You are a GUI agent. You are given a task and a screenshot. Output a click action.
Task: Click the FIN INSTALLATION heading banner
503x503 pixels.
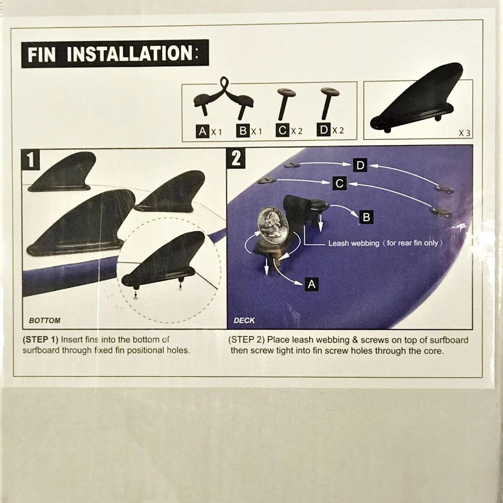(x=115, y=53)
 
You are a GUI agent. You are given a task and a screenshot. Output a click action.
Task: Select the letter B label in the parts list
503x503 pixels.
(x=243, y=131)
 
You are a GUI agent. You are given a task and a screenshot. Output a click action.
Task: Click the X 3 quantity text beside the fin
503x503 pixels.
(x=464, y=133)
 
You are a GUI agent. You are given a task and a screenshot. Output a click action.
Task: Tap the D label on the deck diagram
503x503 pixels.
(x=360, y=166)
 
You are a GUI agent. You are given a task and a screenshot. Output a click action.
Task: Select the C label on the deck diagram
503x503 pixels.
(x=339, y=184)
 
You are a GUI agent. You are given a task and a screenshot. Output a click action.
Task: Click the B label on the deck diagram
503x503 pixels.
(x=367, y=216)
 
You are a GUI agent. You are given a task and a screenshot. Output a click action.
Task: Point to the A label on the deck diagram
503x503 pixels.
(x=312, y=284)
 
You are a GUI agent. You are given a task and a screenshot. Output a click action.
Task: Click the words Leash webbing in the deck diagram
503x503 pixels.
(x=353, y=243)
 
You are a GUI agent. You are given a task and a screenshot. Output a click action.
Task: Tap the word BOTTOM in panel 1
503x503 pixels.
(x=44, y=320)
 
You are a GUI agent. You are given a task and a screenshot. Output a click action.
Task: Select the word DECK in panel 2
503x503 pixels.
(x=244, y=320)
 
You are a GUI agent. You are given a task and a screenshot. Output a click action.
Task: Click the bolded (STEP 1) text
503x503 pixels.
(x=40, y=339)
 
